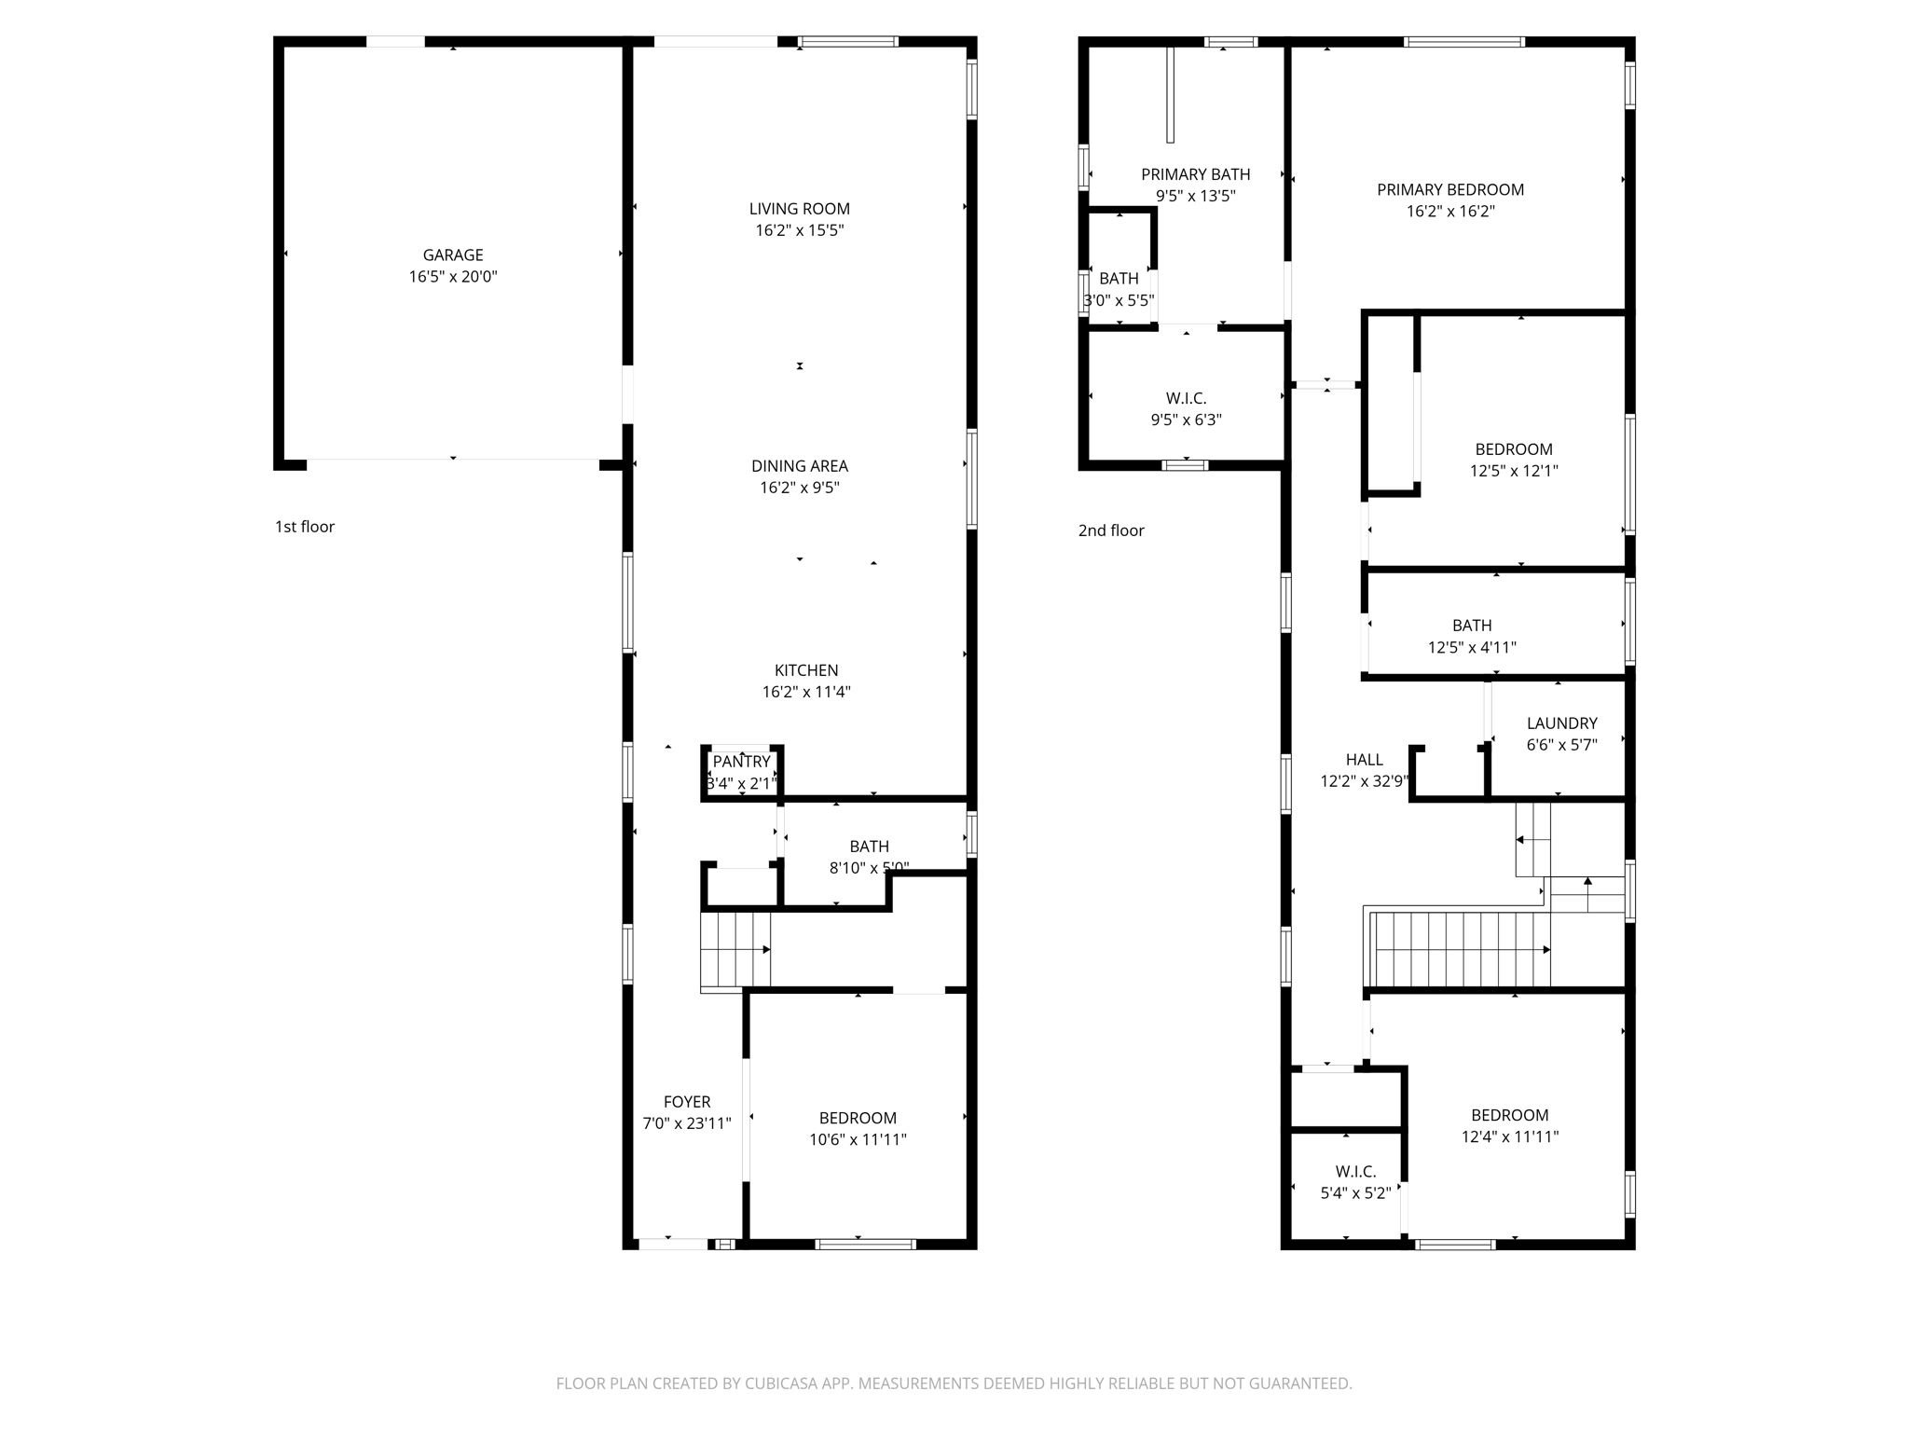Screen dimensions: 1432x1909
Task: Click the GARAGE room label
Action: click(x=453, y=255)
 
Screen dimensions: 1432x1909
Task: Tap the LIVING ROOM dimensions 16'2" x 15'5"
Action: click(x=800, y=230)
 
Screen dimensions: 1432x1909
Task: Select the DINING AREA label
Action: click(x=800, y=466)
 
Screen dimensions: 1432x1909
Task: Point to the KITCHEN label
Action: click(x=806, y=670)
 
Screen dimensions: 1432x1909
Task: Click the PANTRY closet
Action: click(x=742, y=772)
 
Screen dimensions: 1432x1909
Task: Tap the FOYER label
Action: click(x=687, y=1102)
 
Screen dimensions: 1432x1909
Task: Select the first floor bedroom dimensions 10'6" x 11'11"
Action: click(x=858, y=1139)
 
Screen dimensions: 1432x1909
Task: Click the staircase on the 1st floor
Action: click(x=735, y=950)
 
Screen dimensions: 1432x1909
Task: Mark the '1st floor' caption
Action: click(x=305, y=527)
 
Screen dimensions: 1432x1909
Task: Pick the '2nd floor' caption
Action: click(x=1111, y=530)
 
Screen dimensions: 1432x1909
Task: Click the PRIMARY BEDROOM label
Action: click(x=1450, y=190)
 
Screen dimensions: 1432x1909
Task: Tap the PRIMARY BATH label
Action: click(x=1195, y=174)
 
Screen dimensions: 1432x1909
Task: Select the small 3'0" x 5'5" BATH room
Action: click(x=1119, y=289)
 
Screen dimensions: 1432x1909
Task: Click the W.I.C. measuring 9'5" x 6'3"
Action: click(x=1186, y=409)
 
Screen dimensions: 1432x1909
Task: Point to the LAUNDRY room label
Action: click(x=1561, y=723)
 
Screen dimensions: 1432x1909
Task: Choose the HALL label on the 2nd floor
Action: click(x=1364, y=760)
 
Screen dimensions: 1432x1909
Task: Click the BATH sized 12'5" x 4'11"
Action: click(x=1472, y=636)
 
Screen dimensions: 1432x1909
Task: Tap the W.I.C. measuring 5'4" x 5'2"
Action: click(x=1355, y=1181)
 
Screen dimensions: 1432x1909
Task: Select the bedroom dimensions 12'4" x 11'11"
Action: click(x=1510, y=1136)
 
